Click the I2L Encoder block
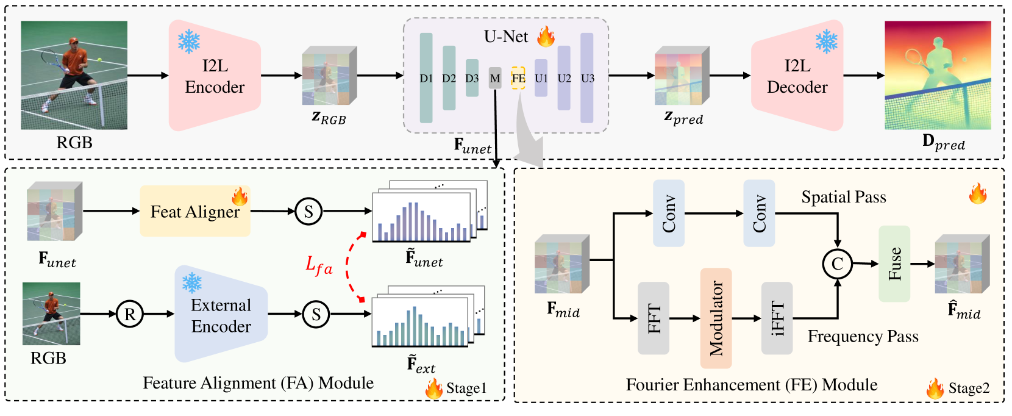[215, 76]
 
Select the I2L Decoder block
[797, 76]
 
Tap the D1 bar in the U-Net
[426, 78]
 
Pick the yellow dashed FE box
[518, 78]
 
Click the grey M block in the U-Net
[495, 78]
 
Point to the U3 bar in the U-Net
[587, 78]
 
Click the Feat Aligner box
[195, 210]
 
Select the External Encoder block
[221, 314]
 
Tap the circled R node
[130, 314]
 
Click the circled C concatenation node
[837, 264]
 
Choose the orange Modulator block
[716, 318]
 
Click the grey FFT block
[654, 318]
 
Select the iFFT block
[777, 318]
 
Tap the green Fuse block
[894, 264]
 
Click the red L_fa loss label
[319, 265]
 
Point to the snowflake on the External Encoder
[192, 282]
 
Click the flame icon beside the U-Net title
[546, 36]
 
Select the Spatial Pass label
[844, 197]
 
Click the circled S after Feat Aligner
[308, 211]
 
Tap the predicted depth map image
[938, 75]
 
